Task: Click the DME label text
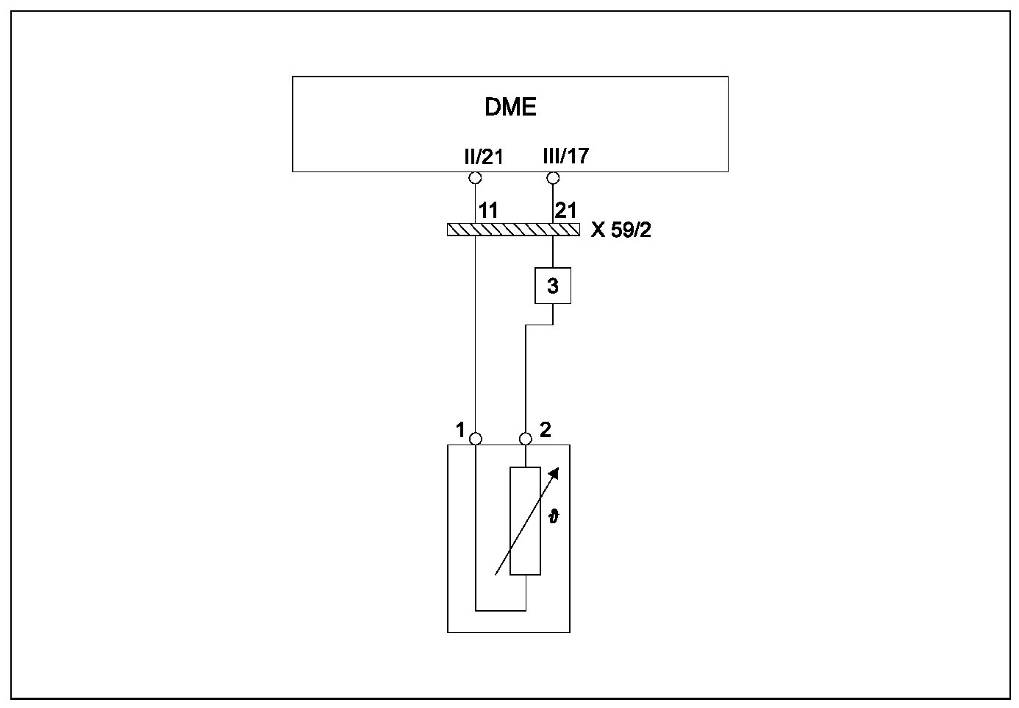pyautogui.click(x=510, y=107)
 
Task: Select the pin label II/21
pyautogui.click(x=483, y=156)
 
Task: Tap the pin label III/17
pyautogui.click(x=565, y=156)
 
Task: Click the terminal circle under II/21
pyautogui.click(x=475, y=178)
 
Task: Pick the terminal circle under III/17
pyautogui.click(x=553, y=178)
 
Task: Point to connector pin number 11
pyautogui.click(x=488, y=210)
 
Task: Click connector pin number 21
pyautogui.click(x=566, y=210)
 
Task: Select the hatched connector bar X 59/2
pyautogui.click(x=512, y=230)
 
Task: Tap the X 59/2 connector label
pyautogui.click(x=621, y=230)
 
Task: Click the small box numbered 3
pyautogui.click(x=553, y=286)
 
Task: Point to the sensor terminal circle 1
pyautogui.click(x=476, y=439)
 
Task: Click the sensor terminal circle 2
pyautogui.click(x=526, y=439)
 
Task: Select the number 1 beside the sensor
pyautogui.click(x=460, y=430)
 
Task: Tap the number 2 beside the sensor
pyautogui.click(x=545, y=430)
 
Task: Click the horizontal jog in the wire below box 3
pyautogui.click(x=539, y=325)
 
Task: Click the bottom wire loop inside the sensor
pyautogui.click(x=501, y=610)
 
